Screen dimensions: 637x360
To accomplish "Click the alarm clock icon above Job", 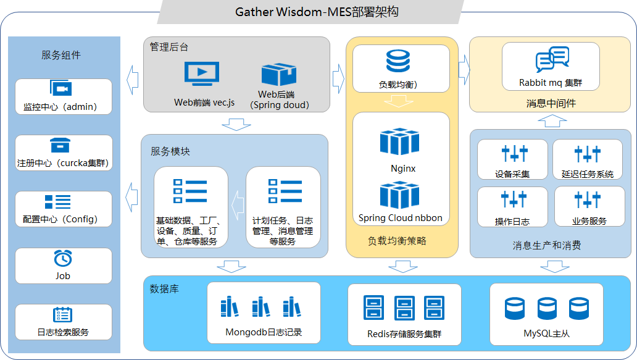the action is (63, 258).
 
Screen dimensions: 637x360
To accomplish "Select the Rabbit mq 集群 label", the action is (551, 83).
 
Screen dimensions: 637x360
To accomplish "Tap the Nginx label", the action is (403, 168).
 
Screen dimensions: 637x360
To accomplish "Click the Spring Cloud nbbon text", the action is (400, 218).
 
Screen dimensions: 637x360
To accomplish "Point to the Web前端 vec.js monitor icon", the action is (202, 73).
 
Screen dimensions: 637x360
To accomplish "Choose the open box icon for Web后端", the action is (279, 74).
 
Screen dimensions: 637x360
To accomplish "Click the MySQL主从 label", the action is (546, 333).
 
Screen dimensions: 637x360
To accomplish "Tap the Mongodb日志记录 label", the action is (264, 332).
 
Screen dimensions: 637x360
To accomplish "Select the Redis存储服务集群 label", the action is (404, 334).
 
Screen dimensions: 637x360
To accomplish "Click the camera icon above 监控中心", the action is (61, 88).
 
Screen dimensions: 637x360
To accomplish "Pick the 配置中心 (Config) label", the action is (60, 219).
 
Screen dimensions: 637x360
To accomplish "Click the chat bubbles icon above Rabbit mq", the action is (552, 59).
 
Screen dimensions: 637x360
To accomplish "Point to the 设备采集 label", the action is (512, 174).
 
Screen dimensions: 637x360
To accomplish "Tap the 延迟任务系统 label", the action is (588, 174).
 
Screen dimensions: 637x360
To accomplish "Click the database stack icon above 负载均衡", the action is (398, 61).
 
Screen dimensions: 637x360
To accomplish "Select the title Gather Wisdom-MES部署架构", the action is (317, 12).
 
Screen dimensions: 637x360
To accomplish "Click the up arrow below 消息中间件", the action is (552, 120).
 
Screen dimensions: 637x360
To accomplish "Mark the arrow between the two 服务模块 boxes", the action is (238, 205).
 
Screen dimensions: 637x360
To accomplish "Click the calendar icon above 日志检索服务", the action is (62, 315).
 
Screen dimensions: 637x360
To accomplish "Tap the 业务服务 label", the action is (589, 222).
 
